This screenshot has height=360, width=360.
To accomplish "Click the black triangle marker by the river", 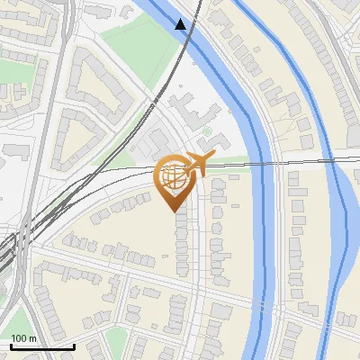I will pyautogui.click(x=182, y=24).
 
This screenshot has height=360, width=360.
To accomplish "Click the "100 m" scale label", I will pyautogui.click(x=24, y=338).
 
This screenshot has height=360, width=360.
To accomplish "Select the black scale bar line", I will pyautogui.click(x=41, y=346).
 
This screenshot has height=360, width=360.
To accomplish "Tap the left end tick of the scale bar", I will pyautogui.click(x=10, y=344).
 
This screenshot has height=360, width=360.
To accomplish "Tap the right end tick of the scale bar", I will pyautogui.click(x=74, y=344).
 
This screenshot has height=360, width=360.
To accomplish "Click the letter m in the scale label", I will pyautogui.click(x=33, y=338).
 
